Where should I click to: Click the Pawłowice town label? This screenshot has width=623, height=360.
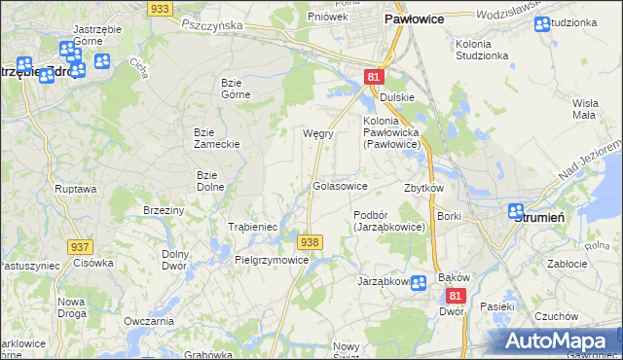(x=415, y=18)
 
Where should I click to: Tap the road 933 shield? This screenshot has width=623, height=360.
(x=162, y=8)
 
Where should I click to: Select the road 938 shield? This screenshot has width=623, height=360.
(x=310, y=241)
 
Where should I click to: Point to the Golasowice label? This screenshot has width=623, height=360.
(x=340, y=185)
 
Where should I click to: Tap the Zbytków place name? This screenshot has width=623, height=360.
(x=423, y=188)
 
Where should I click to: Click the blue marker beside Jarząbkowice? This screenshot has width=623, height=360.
(x=419, y=283)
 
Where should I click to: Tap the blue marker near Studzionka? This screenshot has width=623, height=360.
(x=541, y=23)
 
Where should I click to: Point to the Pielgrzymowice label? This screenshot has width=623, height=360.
(x=272, y=260)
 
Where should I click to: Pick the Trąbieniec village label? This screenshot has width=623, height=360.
(x=253, y=227)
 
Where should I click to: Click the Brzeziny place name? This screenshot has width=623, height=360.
(x=164, y=210)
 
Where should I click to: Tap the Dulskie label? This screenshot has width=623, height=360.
(x=397, y=97)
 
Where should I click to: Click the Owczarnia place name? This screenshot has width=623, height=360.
(x=149, y=321)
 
